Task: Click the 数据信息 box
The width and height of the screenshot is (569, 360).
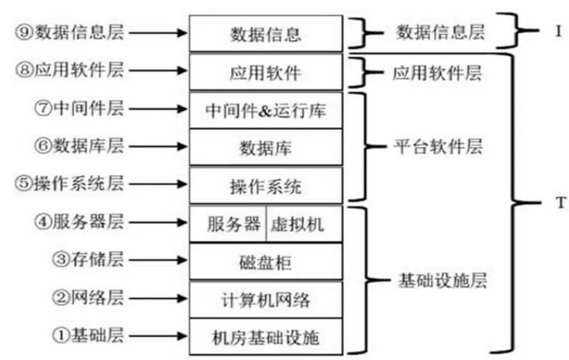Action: pyautogui.click(x=266, y=35)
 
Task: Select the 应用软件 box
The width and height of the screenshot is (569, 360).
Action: pyautogui.click(x=266, y=73)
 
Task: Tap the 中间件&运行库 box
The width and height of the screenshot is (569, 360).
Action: pyautogui.click(x=266, y=110)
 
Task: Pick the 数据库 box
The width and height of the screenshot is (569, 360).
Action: pyautogui.click(x=266, y=148)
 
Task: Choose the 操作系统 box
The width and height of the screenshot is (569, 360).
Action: pyautogui.click(x=266, y=185)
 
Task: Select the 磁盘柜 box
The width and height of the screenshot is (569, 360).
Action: pyautogui.click(x=266, y=262)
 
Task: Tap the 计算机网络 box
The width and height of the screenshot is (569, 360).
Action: pyautogui.click(x=266, y=299)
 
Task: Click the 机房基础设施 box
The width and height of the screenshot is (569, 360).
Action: pyautogui.click(x=266, y=336)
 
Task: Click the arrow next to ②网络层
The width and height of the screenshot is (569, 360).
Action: pyautogui.click(x=156, y=298)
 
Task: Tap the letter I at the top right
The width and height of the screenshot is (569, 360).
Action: pyautogui.click(x=559, y=31)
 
